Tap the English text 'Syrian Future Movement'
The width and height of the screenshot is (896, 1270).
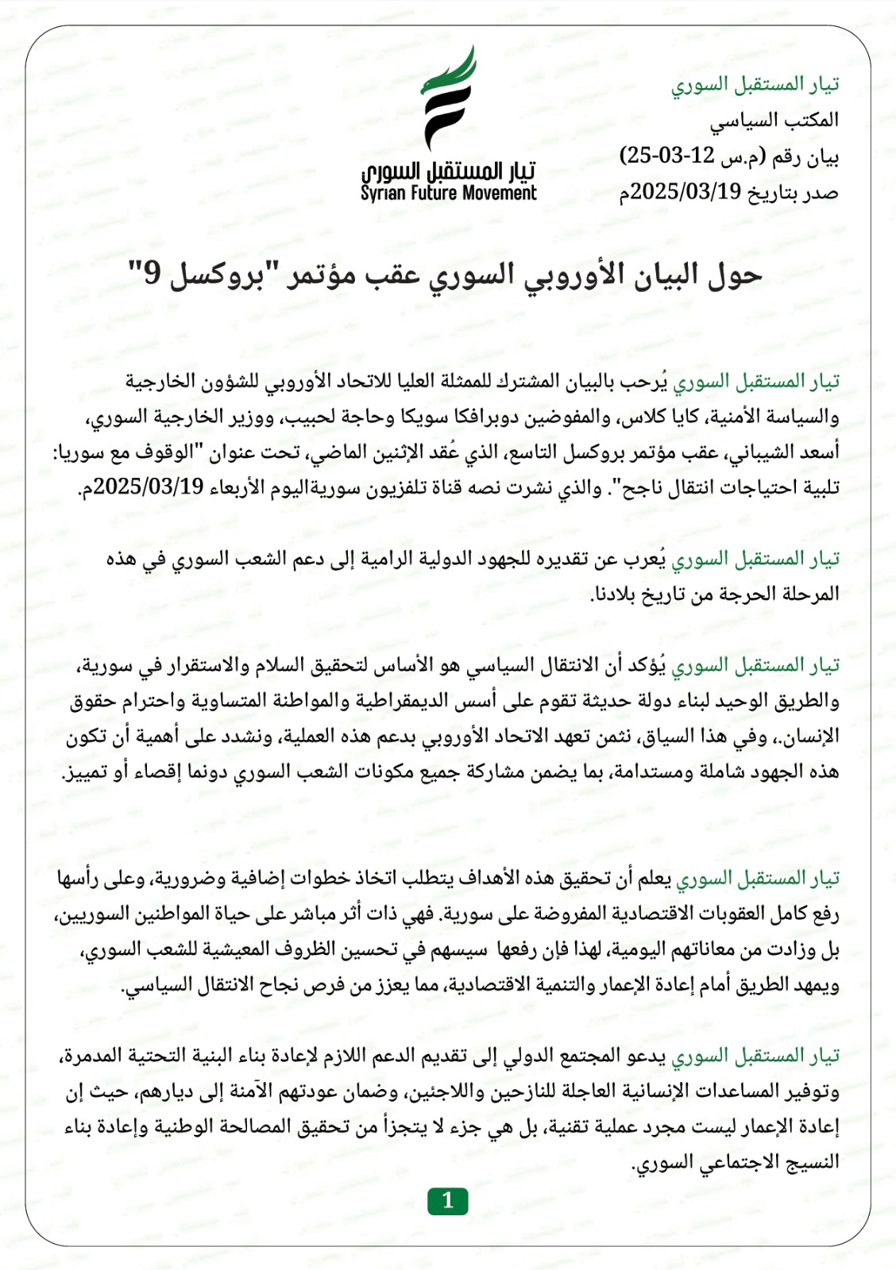pos(448,193)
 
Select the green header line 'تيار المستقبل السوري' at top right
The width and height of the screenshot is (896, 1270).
pos(755,84)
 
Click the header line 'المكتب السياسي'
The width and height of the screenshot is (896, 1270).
pos(774,121)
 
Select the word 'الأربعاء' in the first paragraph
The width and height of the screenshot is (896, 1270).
pos(238,487)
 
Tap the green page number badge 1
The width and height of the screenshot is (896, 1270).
pos(447,1201)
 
